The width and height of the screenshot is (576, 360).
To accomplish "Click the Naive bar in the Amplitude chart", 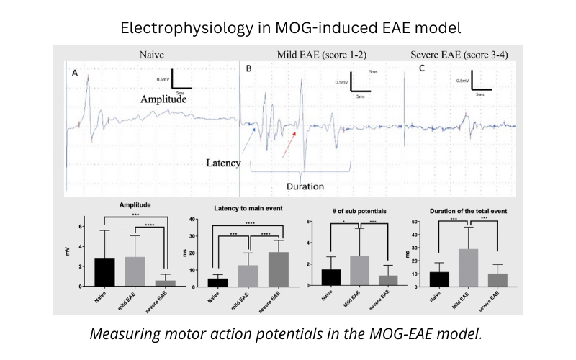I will [x=104, y=272].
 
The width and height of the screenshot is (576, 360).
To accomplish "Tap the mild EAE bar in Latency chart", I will [x=229, y=276].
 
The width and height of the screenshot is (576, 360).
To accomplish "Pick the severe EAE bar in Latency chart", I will [x=259, y=269].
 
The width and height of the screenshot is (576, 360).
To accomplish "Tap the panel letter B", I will [x=249, y=70].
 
